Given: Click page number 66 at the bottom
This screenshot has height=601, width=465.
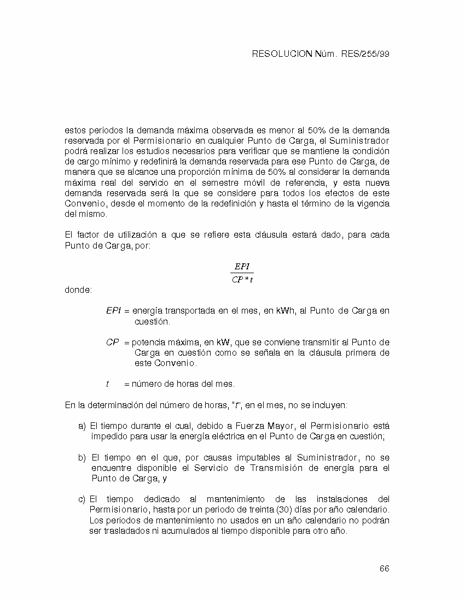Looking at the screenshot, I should (x=384, y=568).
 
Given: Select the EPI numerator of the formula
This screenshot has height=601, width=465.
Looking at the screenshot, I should (x=242, y=267).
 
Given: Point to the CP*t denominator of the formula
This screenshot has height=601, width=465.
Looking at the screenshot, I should (x=242, y=280).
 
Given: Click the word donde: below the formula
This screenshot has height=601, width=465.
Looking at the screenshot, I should (x=78, y=290).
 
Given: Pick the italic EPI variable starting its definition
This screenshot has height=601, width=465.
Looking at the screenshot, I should (x=113, y=311).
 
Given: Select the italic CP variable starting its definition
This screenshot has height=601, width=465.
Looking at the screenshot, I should (x=112, y=343).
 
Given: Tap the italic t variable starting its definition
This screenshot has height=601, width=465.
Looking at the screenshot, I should (x=107, y=384).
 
